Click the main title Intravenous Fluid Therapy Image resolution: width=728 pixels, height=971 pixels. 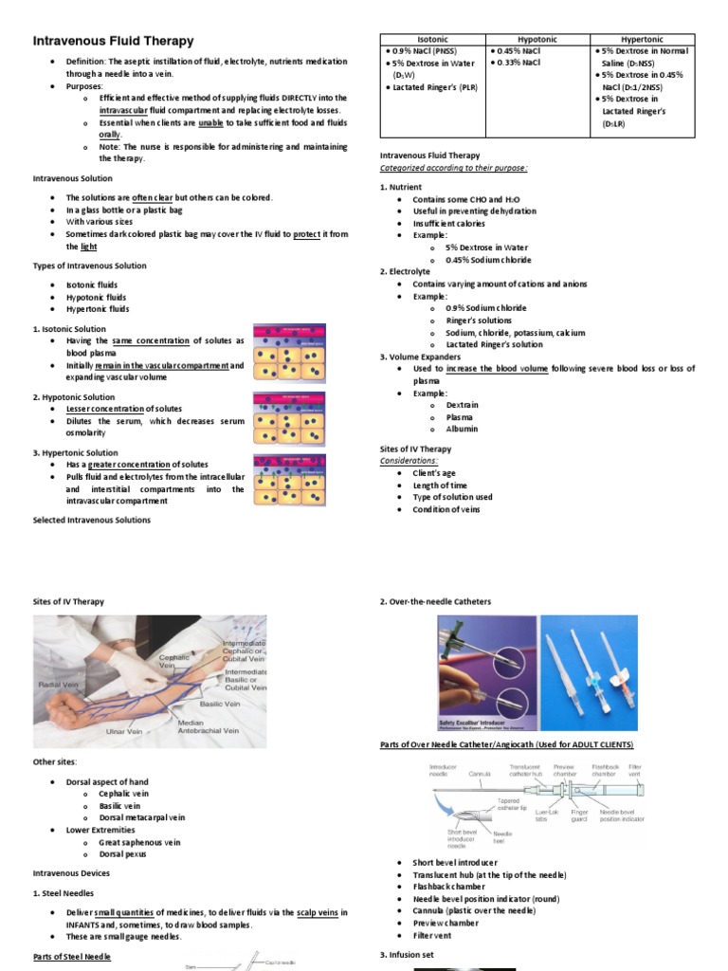click(x=114, y=41)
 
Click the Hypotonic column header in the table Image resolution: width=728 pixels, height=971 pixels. click(x=537, y=39)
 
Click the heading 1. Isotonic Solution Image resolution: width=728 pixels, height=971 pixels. click(x=70, y=329)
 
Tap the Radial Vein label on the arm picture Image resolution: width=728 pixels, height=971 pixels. click(x=58, y=684)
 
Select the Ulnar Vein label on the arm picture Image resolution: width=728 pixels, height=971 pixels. click(x=132, y=731)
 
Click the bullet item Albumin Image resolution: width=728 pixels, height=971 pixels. click(x=462, y=429)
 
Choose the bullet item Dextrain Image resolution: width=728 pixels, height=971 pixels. click(x=462, y=405)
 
